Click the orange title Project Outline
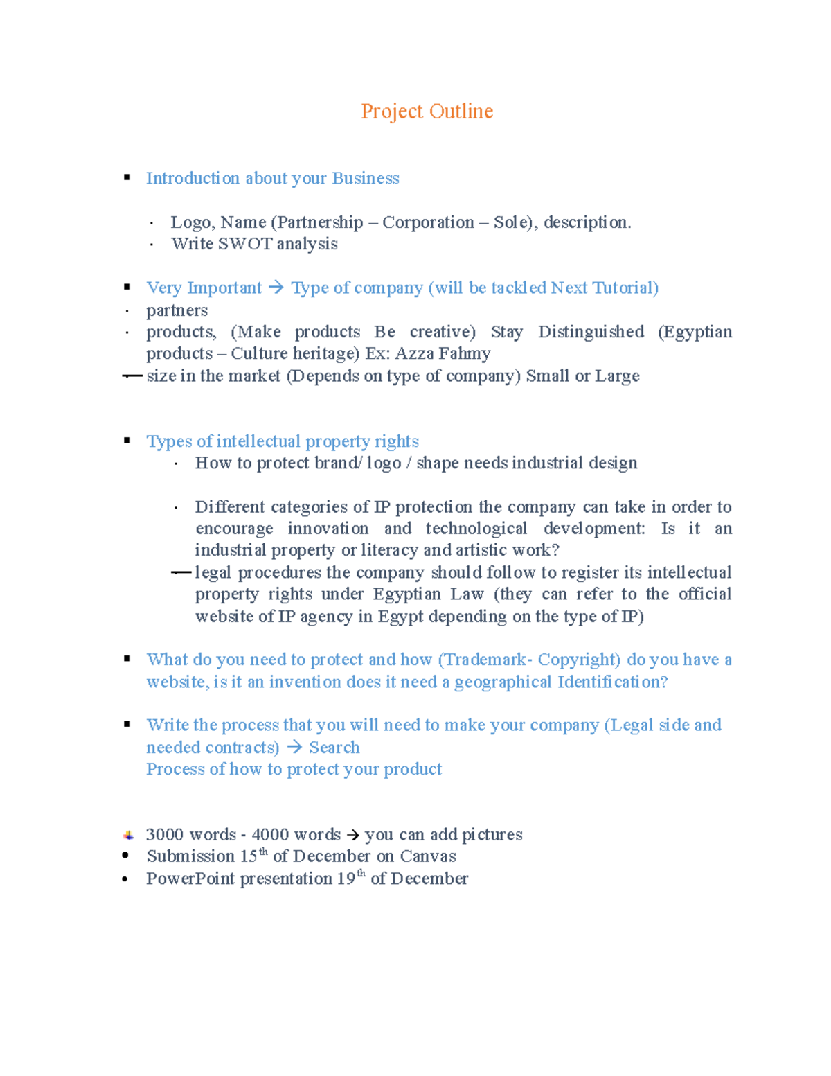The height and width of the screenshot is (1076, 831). (427, 112)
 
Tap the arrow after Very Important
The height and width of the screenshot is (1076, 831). (276, 288)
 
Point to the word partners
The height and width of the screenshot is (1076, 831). (177, 310)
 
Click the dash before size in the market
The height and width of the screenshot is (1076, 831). (132, 376)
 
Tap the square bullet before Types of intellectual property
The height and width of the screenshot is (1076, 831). (127, 441)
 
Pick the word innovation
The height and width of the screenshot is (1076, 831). (328, 529)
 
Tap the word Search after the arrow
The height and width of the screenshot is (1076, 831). (334, 748)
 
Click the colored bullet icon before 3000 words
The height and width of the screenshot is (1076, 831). (128, 835)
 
